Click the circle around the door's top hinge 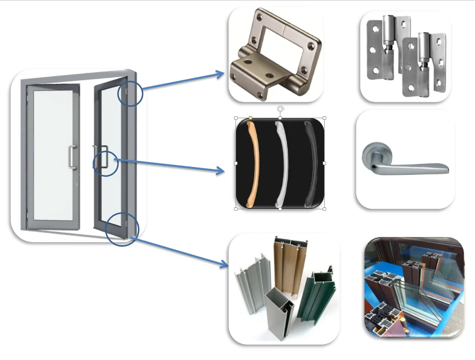pyautogui.click(x=130, y=94)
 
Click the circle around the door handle pyautogui.click(x=105, y=164)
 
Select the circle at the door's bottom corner pyautogui.click(x=123, y=229)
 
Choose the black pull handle pyautogui.click(x=311, y=163)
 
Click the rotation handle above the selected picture pyautogui.click(x=280, y=109)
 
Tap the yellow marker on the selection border pyautogui.click(x=251, y=118)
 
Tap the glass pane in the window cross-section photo pyautogui.click(x=434, y=286)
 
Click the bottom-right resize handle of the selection pyautogui.click(x=324, y=209)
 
